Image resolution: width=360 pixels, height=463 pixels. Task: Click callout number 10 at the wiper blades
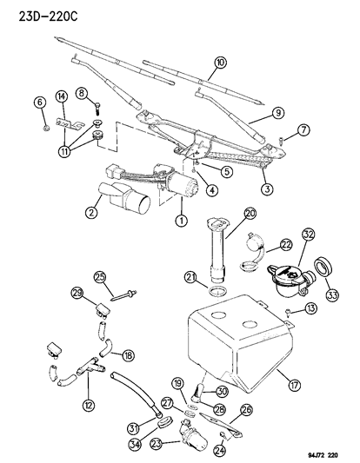point(221,62)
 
